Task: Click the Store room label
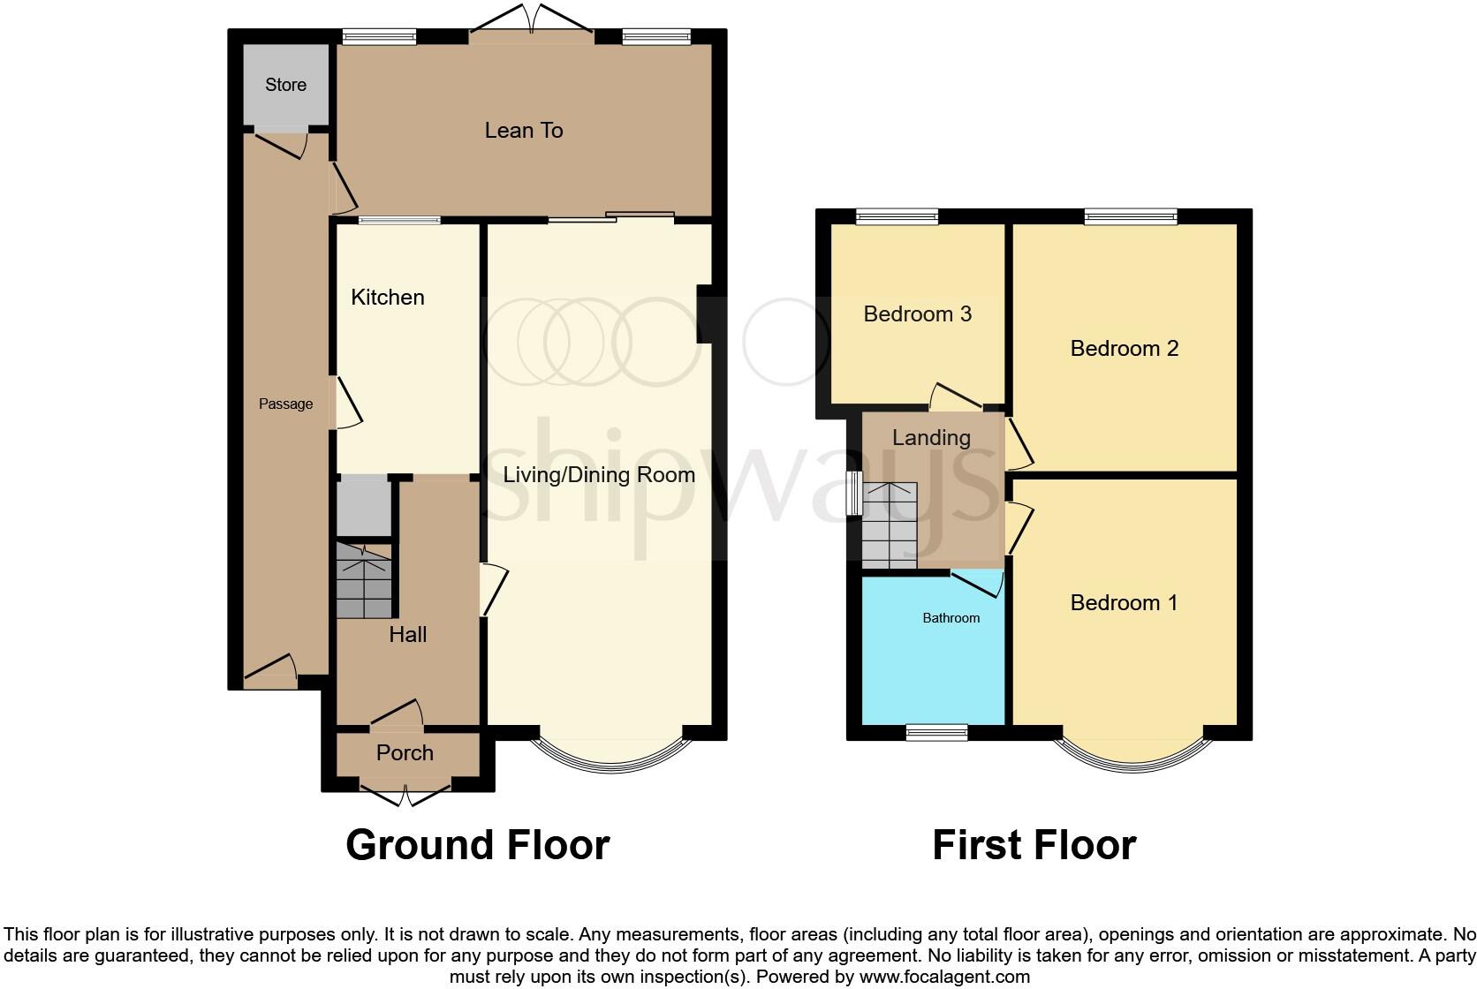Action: click(285, 85)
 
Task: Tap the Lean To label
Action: click(523, 131)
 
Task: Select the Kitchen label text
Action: click(387, 298)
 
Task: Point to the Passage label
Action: click(285, 404)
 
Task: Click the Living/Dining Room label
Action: click(599, 475)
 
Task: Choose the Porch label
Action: click(405, 753)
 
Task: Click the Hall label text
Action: click(407, 635)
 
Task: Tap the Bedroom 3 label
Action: click(917, 314)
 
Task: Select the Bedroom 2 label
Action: click(1124, 349)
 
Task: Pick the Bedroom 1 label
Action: click(1124, 603)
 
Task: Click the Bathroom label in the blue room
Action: click(951, 618)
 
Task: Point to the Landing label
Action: click(930, 438)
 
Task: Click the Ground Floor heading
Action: click(477, 845)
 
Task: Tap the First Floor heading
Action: click(1034, 845)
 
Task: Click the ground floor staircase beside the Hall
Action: click(363, 581)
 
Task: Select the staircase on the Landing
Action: click(890, 526)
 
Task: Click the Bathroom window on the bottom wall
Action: click(936, 731)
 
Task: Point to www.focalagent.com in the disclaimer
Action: click(944, 977)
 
